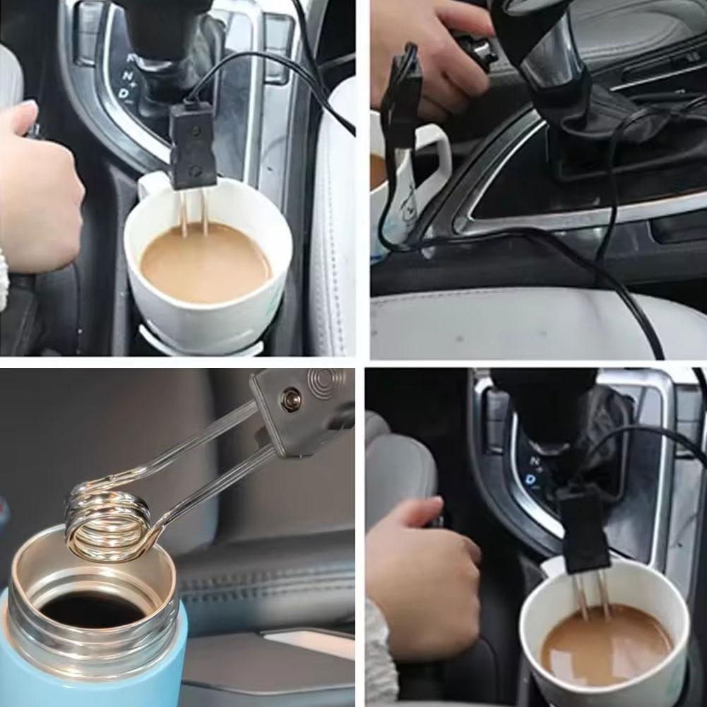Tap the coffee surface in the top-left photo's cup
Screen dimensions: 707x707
[205, 265]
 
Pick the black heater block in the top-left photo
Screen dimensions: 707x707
[192, 145]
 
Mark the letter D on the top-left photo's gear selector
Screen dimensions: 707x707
[124, 93]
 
